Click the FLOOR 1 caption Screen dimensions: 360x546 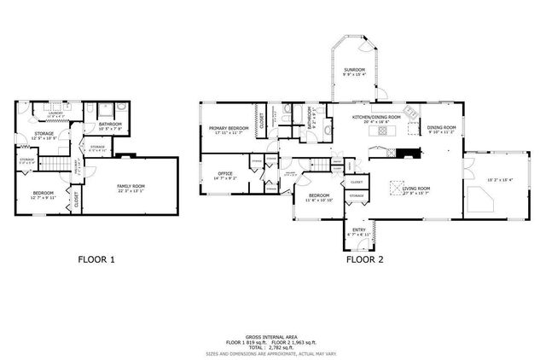[96, 258]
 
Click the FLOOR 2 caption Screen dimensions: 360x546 [364, 258]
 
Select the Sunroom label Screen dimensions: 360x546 [354, 69]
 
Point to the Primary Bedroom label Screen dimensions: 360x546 [228, 129]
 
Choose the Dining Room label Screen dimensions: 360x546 [441, 127]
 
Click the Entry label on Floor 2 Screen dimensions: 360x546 [359, 229]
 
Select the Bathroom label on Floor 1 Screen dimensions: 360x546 [110, 125]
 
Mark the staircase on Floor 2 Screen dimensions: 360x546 [320, 165]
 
